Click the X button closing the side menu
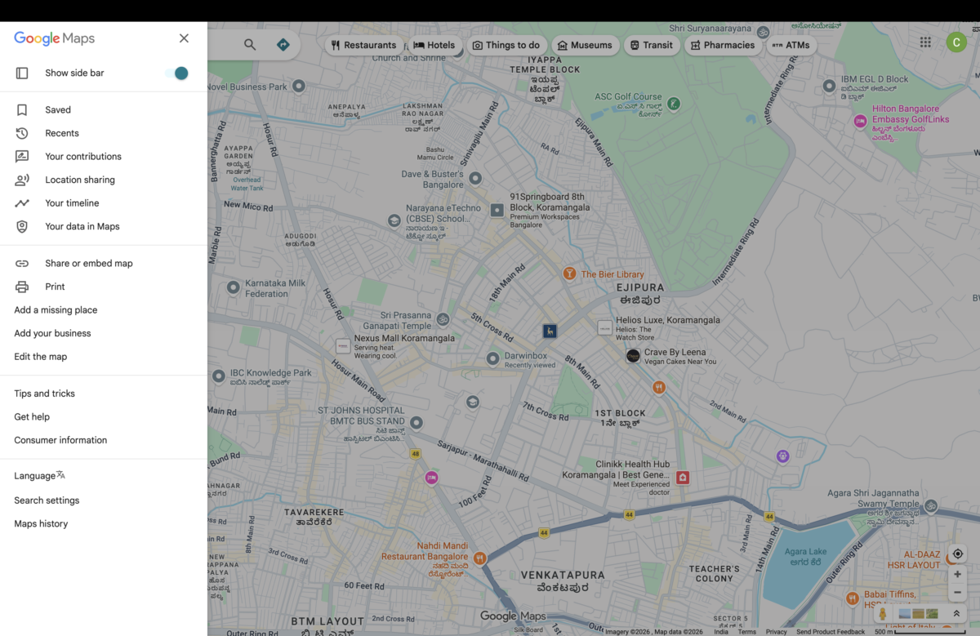click(184, 38)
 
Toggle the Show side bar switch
click(177, 73)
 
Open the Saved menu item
click(58, 110)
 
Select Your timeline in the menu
click(72, 203)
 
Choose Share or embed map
click(88, 264)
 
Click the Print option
click(55, 287)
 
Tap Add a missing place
click(56, 310)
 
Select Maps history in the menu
click(41, 524)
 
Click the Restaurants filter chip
click(363, 46)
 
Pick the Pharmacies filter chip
click(722, 46)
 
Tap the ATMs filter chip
click(791, 46)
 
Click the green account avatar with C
click(956, 42)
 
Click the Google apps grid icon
click(925, 42)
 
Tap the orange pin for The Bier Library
click(569, 274)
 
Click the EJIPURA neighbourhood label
click(639, 288)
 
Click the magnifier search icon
click(250, 45)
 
